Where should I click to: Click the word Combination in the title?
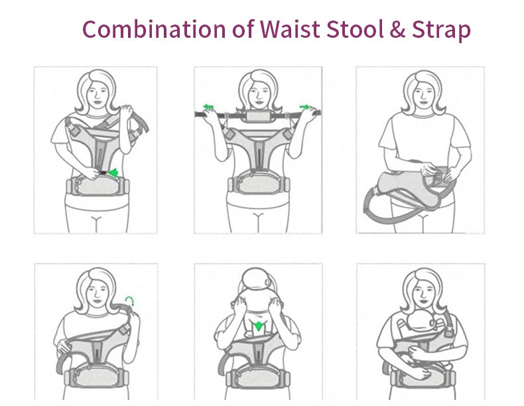coord(154,29)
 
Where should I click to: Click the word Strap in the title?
coord(441,31)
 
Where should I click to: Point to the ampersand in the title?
coord(398,29)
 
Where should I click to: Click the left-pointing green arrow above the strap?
coord(208,107)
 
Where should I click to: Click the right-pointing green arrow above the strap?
coord(304,107)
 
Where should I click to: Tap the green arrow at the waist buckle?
coord(113,172)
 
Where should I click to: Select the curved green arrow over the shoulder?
coord(130,301)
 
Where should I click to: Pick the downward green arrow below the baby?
coord(258,326)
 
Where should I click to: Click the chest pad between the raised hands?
coord(258,116)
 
